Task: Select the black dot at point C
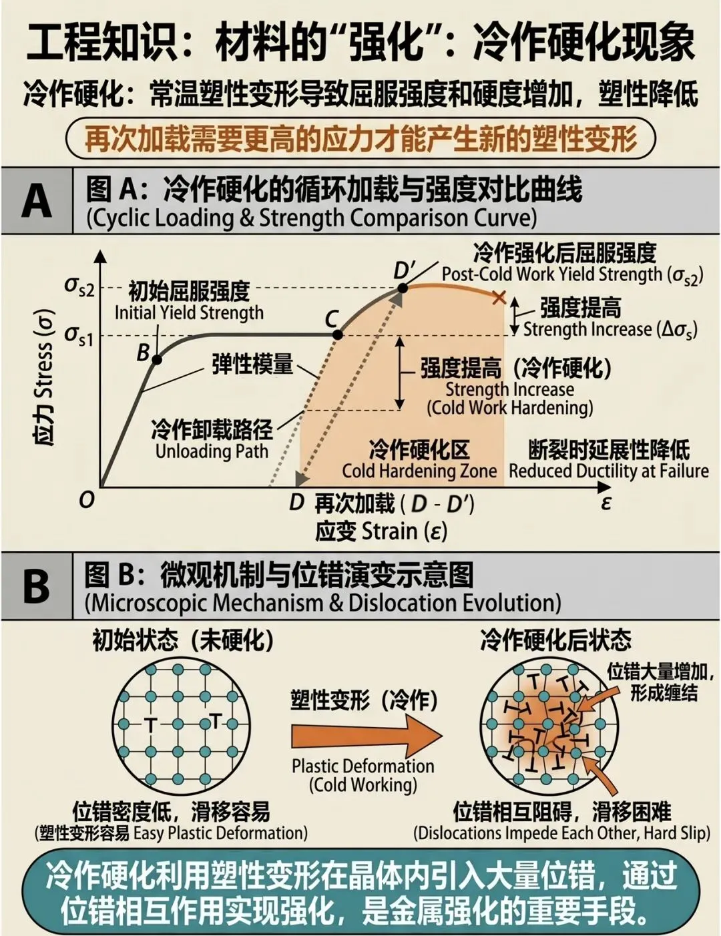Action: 338,334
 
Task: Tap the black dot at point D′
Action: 403,288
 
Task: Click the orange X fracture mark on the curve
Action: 498,297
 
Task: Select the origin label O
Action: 87,499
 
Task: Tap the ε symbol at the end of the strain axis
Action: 606,502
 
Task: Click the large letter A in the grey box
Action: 36,200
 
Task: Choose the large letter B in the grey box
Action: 36,586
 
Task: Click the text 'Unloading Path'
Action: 212,451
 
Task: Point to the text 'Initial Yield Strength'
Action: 189,312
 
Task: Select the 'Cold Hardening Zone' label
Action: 419,471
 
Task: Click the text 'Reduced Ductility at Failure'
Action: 608,471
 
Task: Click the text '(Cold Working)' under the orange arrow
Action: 363,784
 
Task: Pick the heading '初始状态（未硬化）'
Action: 183,641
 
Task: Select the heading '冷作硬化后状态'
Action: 555,641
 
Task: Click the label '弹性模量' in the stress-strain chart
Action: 252,364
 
